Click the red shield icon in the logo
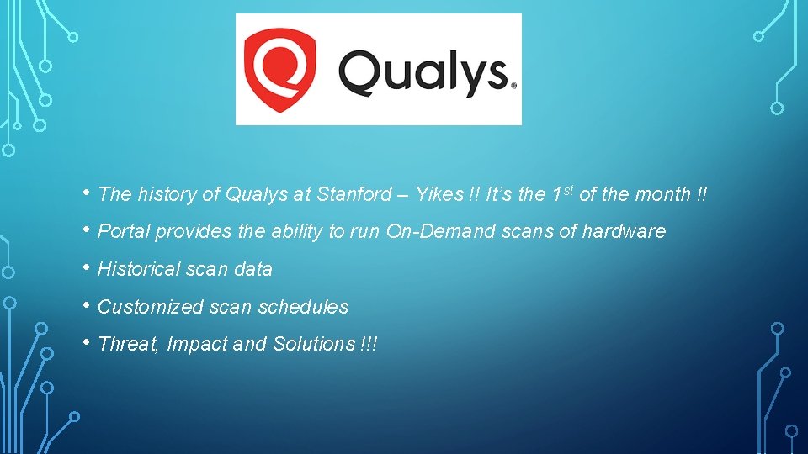coord(279,71)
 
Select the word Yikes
coord(439,195)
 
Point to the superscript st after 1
coord(569,190)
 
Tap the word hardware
coord(625,232)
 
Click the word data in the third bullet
coord(254,270)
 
